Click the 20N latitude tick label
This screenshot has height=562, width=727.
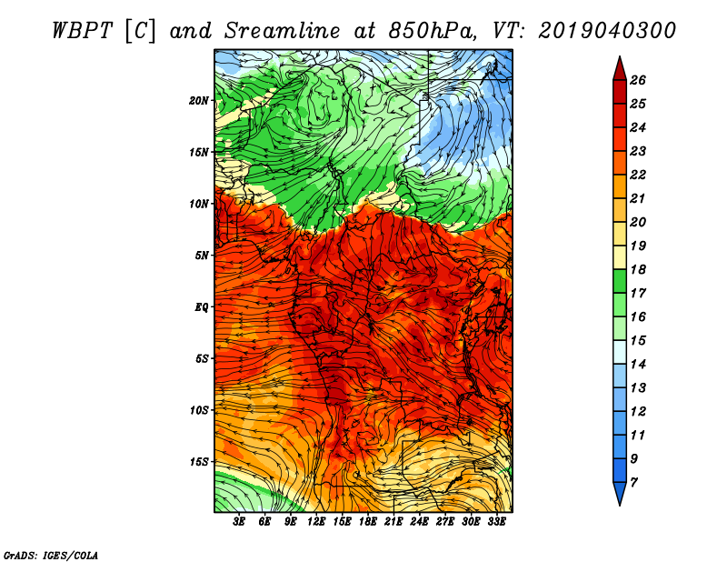(198, 101)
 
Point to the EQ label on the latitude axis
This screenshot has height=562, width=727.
(201, 307)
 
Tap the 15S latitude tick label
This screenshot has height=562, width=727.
(198, 462)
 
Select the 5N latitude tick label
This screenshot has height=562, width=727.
(202, 256)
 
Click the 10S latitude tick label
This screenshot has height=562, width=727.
(198, 410)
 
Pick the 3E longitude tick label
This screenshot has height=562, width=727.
(239, 522)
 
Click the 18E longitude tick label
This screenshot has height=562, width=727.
(368, 522)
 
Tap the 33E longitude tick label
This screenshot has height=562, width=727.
(496, 522)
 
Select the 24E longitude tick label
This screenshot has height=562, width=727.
(419, 522)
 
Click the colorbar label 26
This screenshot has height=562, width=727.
(638, 80)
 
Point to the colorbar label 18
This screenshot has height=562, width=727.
(638, 269)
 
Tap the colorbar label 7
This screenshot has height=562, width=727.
(633, 483)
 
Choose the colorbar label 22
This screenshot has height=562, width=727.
(638, 175)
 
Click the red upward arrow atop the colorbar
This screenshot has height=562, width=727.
(620, 69)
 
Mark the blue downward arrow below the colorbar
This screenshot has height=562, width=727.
(620, 494)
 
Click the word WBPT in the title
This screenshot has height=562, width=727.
(82, 31)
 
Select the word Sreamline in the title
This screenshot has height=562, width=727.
(282, 31)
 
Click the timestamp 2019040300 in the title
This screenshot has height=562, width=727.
(606, 31)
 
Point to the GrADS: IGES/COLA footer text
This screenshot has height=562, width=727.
(51, 556)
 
